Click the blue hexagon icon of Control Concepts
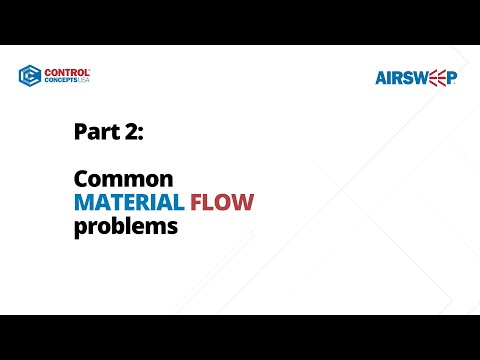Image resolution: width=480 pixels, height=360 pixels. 29,76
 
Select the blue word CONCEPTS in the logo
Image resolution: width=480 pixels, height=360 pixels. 60,81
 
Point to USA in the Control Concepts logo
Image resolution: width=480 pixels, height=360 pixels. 84,81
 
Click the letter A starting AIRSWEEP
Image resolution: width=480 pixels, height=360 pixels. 382,77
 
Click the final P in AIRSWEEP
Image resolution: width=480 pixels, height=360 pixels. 451,77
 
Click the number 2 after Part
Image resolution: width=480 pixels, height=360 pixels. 130,131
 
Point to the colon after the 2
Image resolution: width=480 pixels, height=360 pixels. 141,133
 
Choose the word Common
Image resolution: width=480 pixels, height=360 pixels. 124,180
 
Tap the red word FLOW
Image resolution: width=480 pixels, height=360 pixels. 222,203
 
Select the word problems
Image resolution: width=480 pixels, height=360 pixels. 125,227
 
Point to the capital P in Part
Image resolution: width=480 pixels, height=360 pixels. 80,131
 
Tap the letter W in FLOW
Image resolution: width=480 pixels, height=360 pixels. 243,203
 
